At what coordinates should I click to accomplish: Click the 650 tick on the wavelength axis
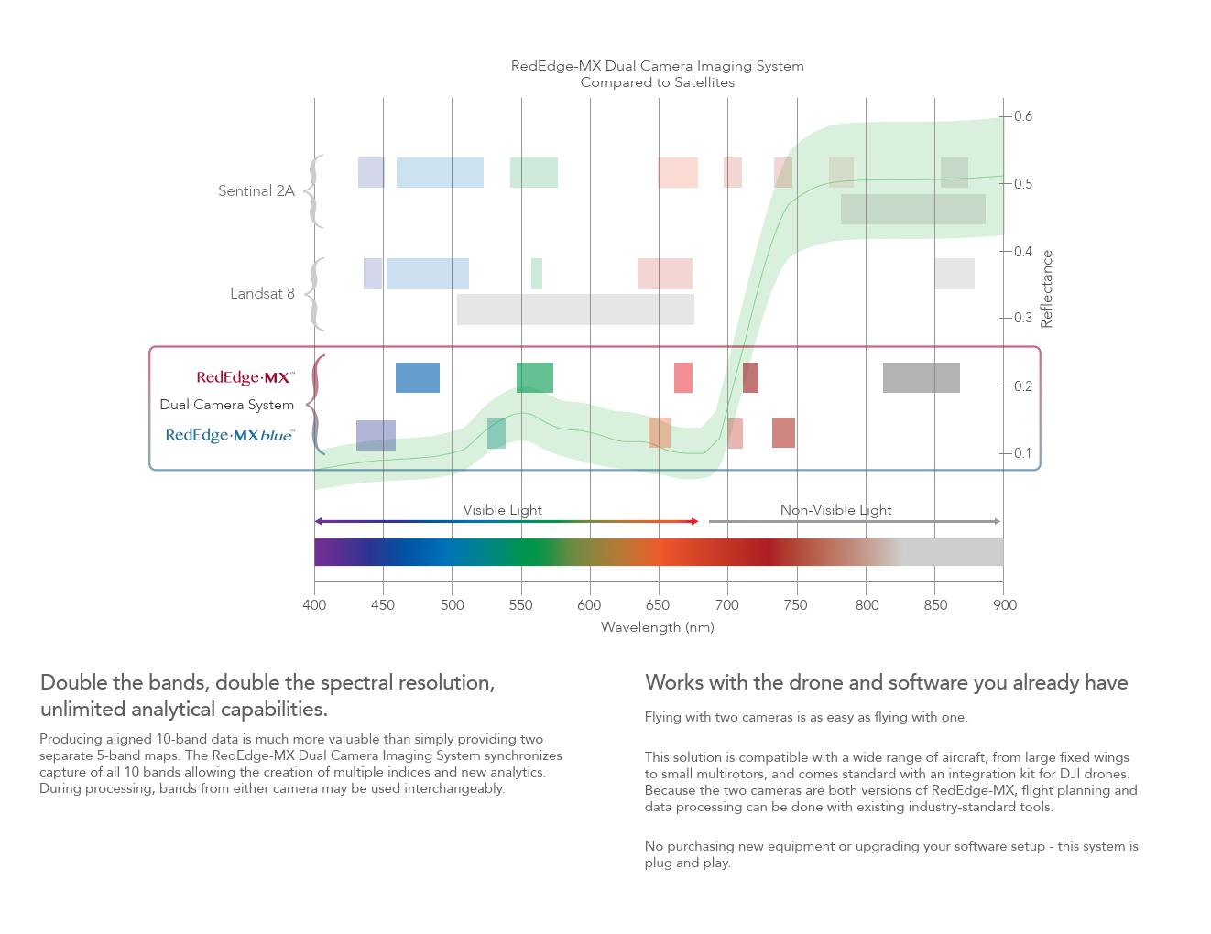pos(659,604)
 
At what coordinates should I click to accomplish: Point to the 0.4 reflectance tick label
pos(1022,251)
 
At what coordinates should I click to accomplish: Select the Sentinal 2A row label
pos(256,191)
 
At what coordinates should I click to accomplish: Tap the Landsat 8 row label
pos(262,294)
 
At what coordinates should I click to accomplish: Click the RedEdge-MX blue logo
pos(230,435)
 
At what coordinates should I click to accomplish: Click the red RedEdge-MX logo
pos(245,377)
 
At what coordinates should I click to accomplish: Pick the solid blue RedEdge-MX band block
pos(418,377)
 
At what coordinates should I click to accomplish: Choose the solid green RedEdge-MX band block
pos(535,377)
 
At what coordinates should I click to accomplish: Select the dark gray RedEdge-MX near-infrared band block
pos(921,377)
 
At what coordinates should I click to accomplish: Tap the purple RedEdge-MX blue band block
pos(376,435)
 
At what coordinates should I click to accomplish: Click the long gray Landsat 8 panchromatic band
pos(575,310)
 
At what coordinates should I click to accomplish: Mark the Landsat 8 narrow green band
pos(537,274)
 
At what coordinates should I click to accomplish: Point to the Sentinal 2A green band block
pos(534,173)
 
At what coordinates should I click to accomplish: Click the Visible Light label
pos(502,510)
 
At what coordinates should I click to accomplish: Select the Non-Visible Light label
pos(835,510)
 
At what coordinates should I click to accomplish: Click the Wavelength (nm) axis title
pos(657,627)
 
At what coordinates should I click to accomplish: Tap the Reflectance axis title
pos(1047,288)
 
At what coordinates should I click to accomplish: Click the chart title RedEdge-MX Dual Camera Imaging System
pos(657,66)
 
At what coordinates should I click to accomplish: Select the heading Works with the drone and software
pos(886,683)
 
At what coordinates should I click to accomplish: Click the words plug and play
pos(687,863)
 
